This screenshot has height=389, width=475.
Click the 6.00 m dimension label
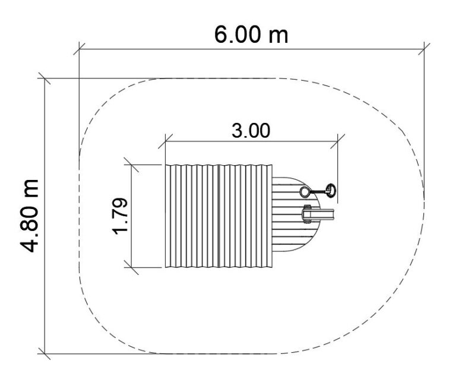(251, 34)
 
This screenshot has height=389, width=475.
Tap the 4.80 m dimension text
(30, 216)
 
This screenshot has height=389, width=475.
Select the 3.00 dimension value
(251, 131)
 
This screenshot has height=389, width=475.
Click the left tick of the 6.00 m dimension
(79, 49)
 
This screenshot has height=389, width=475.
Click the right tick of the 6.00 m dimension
(424, 49)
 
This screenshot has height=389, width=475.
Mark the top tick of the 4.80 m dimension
(45, 78)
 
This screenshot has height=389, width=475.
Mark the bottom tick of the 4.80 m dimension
(45, 353)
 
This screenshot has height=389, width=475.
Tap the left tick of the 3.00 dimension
(166, 141)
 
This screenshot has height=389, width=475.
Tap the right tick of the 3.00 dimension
(337, 141)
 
